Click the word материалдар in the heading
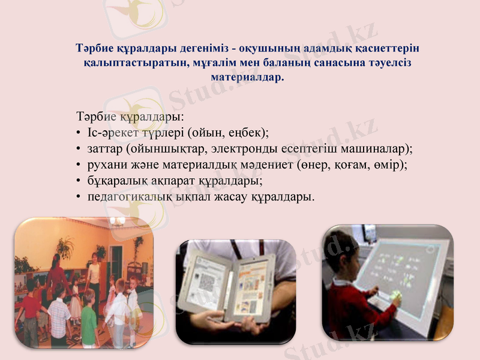pyautogui.click(x=247, y=77)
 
